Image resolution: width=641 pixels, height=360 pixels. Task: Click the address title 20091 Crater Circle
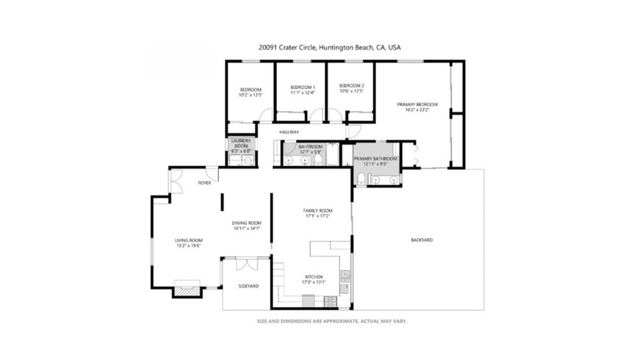(329, 47)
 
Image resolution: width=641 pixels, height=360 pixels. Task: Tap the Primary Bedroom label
(417, 105)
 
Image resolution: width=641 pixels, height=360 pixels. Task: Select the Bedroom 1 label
(302, 87)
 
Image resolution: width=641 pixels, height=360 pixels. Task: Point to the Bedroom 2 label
(351, 86)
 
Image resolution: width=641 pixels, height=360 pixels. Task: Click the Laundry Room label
(241, 143)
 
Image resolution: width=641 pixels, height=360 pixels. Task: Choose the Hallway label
(289, 132)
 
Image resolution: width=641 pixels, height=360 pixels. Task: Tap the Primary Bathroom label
(376, 159)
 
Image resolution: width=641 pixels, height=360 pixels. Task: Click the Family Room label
(317, 210)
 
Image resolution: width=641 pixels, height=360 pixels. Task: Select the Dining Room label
(247, 223)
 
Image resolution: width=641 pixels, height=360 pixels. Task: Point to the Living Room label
(188, 240)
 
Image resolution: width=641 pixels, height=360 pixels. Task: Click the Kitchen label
(313, 277)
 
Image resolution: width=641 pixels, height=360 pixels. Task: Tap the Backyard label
(421, 240)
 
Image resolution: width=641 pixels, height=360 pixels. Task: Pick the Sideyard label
(249, 286)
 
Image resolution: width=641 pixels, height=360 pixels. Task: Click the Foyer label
(204, 183)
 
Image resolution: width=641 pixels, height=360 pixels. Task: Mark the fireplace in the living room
(186, 290)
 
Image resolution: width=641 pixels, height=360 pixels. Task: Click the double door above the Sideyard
(246, 264)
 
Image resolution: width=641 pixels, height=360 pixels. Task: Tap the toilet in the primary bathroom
(362, 180)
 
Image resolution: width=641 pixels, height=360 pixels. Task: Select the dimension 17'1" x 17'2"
(317, 216)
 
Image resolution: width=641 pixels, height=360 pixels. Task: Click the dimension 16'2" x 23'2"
(417, 110)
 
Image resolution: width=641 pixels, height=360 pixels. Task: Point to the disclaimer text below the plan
(332, 321)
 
